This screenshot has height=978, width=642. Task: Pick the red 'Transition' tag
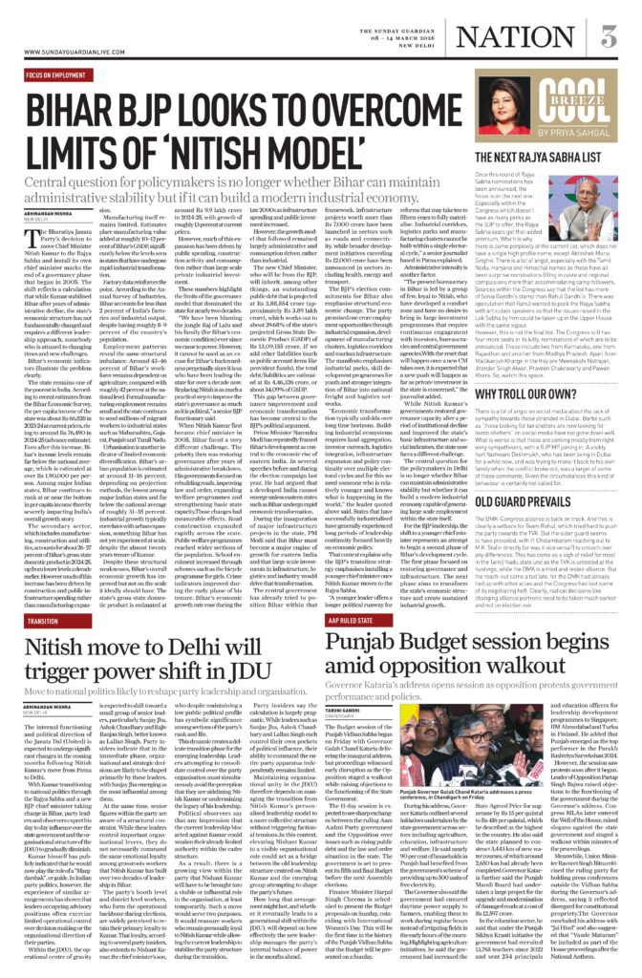43,620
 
